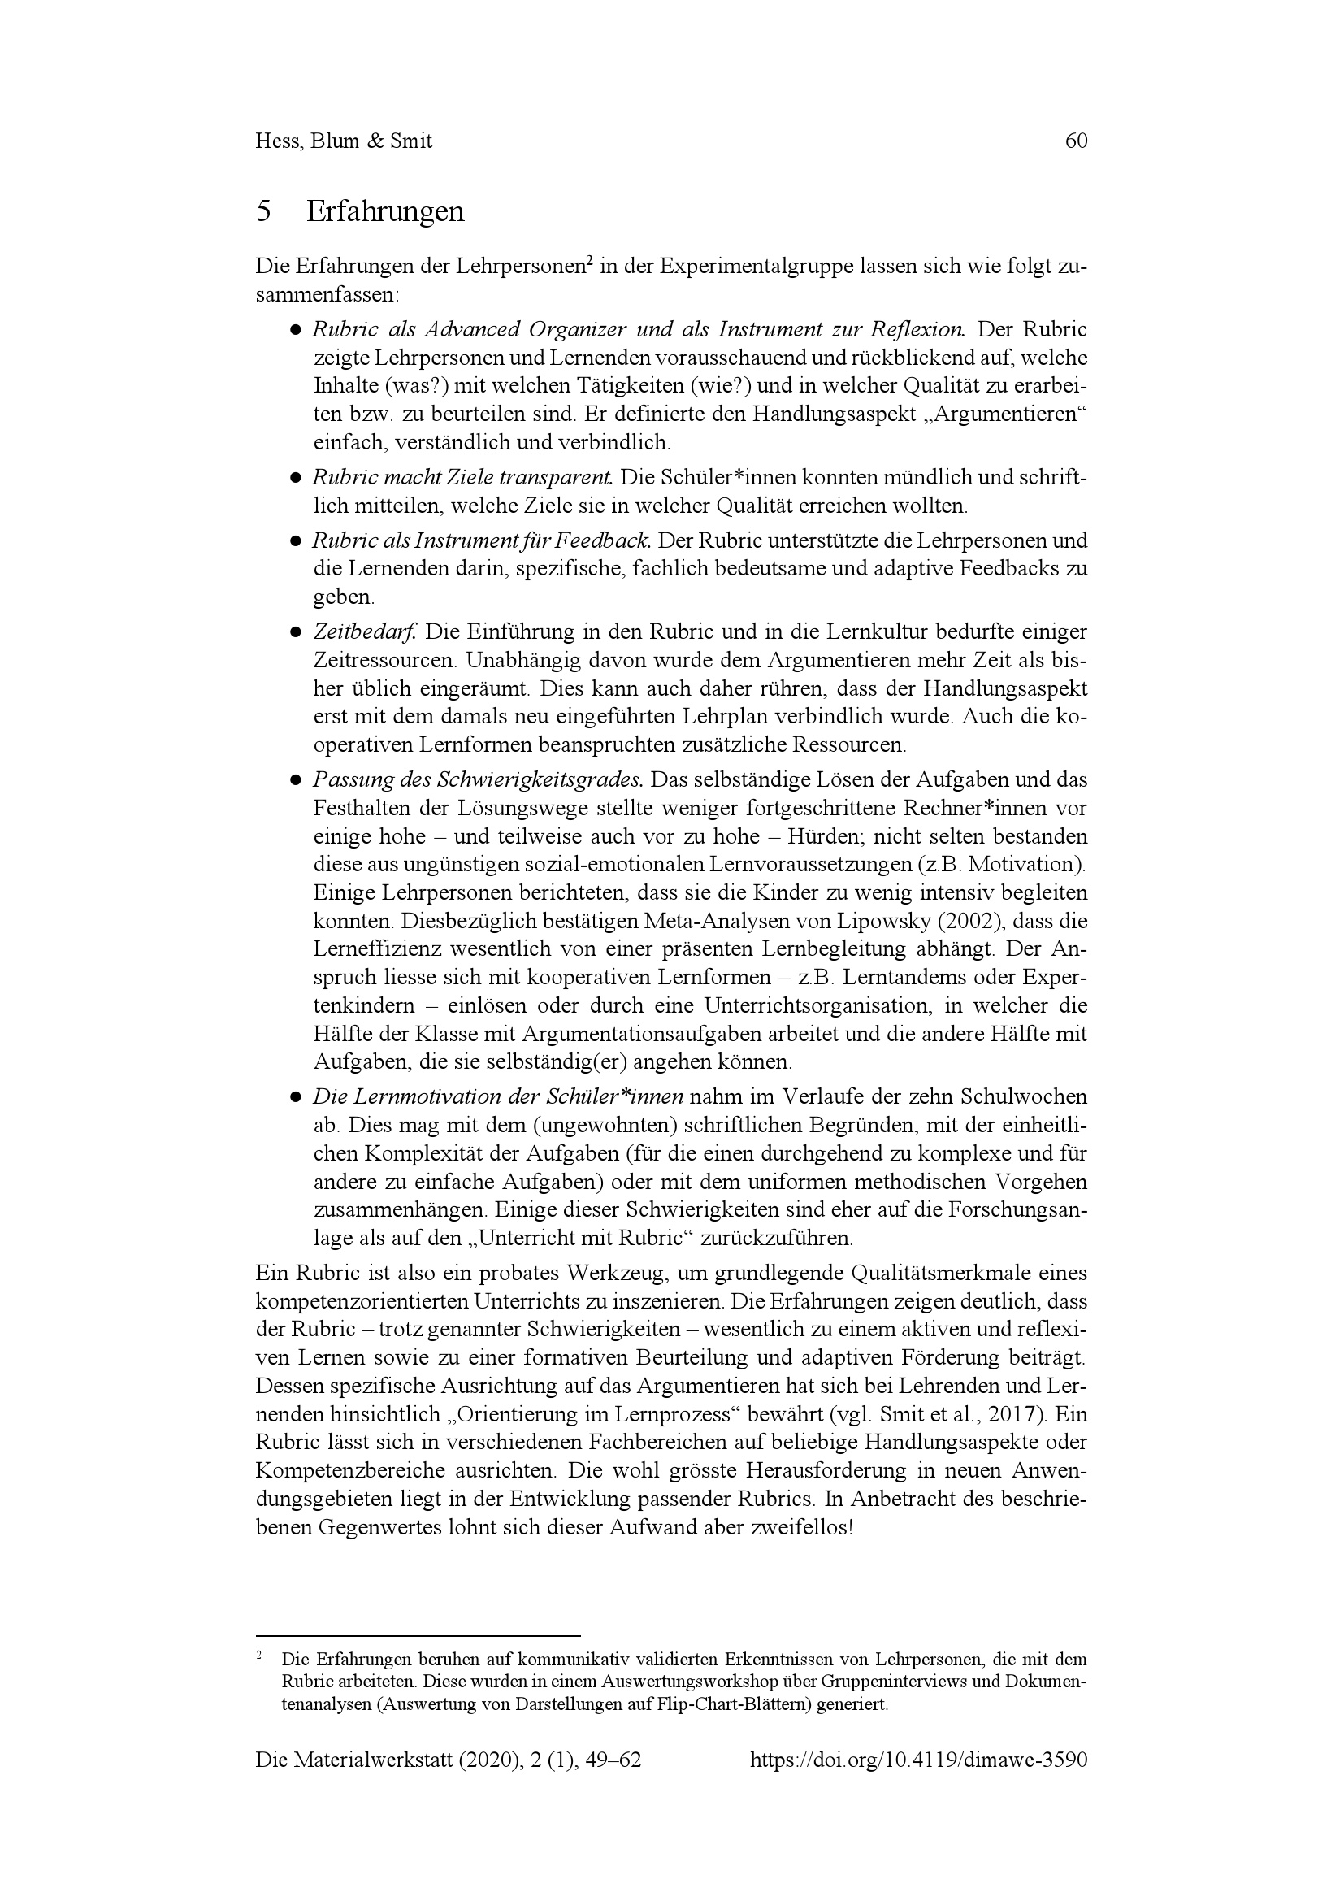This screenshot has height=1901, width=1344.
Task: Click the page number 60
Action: pos(1076,141)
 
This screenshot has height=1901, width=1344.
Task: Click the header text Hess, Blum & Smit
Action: pos(345,141)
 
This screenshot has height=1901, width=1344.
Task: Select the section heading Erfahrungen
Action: pos(385,213)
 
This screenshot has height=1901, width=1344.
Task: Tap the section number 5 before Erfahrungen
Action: pos(264,213)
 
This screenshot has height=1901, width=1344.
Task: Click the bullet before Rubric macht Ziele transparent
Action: pos(295,479)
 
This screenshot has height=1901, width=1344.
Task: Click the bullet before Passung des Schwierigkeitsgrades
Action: pos(295,781)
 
